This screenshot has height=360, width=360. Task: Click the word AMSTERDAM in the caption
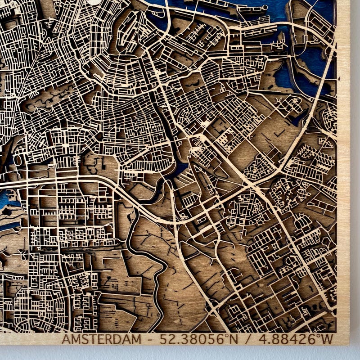(98, 339)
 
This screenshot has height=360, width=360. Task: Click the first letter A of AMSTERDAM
(66, 339)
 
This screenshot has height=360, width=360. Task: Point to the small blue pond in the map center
(181, 169)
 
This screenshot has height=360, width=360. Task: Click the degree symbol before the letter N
(228, 336)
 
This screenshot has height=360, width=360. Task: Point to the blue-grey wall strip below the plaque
(180, 353)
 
